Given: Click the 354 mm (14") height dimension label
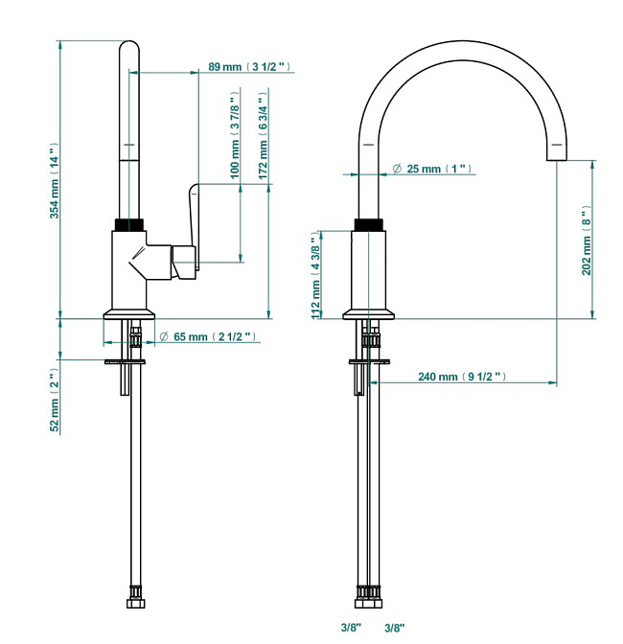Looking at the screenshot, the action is pos(55,181).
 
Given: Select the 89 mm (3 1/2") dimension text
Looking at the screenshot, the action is pos(249,66).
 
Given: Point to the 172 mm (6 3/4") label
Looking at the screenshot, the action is pos(263,135).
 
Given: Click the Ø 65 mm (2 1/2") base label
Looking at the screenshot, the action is pos(207,336).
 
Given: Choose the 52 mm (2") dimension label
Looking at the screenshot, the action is pos(55,400).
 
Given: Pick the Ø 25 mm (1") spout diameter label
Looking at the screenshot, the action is pos(432,169).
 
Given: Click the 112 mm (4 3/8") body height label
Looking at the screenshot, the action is pos(315,275).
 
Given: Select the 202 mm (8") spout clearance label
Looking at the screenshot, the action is pos(587,241).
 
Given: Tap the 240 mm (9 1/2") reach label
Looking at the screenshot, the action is pos(462,377).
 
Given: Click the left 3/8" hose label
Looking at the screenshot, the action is pos(351,627).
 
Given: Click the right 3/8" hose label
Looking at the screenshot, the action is pos(394,628).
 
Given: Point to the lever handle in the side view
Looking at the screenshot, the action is pos(193,226).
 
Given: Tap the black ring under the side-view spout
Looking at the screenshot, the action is pos(129,224).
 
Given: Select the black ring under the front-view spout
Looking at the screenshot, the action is pos(368,224).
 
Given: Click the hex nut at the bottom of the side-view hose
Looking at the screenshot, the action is pos(135,604).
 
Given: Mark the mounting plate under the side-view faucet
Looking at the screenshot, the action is pos(125,362).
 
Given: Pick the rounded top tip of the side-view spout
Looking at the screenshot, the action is pos(129,41).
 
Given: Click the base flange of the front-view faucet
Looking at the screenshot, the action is pos(368,314).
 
